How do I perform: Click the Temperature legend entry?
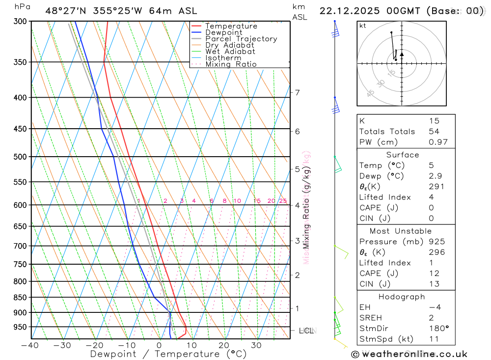(x=231, y=26)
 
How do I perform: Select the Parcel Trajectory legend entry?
(x=241, y=39)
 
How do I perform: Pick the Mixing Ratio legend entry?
(x=231, y=64)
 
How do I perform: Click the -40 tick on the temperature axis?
(x=30, y=345)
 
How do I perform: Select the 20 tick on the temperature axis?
(x=224, y=345)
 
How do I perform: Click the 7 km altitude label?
(x=297, y=92)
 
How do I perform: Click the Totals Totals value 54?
(x=434, y=132)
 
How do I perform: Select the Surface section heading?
(x=403, y=155)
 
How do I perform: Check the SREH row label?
(x=370, y=318)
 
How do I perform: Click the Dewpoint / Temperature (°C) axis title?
(x=168, y=354)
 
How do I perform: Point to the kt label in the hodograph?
(x=363, y=26)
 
